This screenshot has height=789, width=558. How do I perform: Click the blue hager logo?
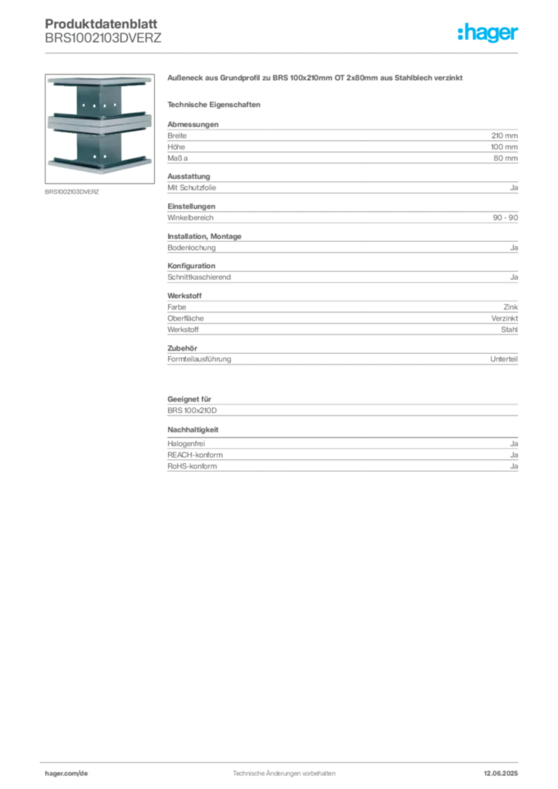[x=488, y=33]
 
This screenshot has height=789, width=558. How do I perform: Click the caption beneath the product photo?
[x=73, y=191]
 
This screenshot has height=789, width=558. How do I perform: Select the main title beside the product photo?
[x=316, y=80]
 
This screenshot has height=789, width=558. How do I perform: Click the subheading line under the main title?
[x=217, y=103]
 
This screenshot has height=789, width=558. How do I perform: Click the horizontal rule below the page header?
[x=284, y=52]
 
